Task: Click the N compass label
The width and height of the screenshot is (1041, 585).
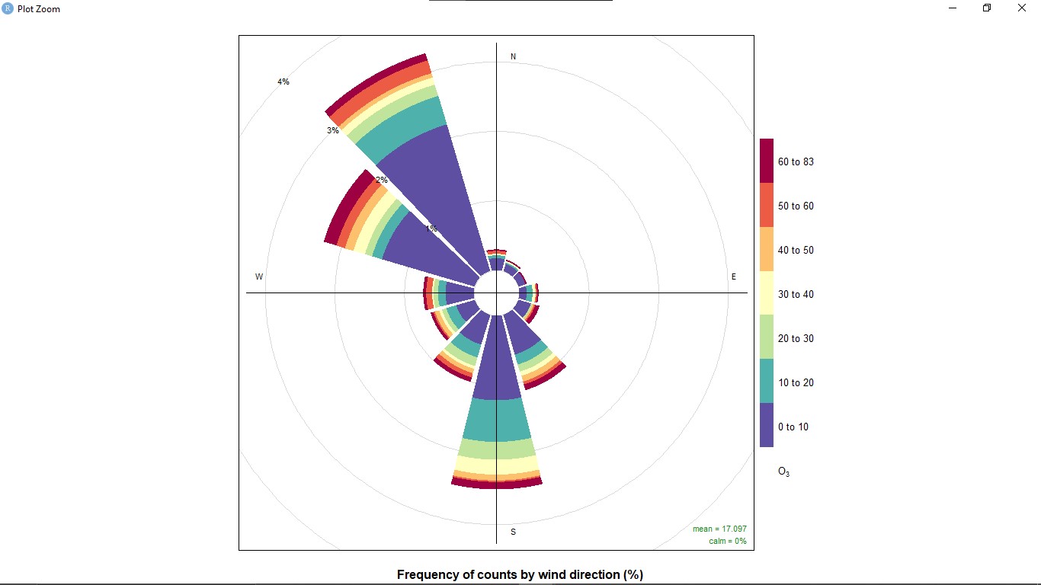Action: [513, 57]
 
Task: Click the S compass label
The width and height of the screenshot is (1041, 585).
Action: [513, 532]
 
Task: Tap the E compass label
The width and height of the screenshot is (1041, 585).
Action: [734, 277]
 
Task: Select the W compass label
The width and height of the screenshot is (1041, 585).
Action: [259, 277]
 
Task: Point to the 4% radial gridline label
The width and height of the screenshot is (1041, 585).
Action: [283, 82]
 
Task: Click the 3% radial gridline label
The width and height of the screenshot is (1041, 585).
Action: [333, 131]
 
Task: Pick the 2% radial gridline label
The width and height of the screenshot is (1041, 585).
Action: [382, 181]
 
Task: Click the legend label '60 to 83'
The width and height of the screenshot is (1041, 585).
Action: [796, 161]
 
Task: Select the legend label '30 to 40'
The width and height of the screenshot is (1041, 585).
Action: [796, 294]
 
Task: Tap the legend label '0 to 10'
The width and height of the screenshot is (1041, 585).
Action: [793, 427]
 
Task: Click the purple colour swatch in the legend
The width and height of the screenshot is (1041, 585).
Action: [767, 425]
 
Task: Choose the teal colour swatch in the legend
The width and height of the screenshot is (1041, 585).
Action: [767, 381]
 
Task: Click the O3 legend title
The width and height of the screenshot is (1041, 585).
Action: [783, 472]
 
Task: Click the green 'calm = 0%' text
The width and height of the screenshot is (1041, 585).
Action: [727, 541]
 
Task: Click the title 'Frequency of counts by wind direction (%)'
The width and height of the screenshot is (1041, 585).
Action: [520, 574]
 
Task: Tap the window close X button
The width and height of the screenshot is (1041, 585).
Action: [1022, 8]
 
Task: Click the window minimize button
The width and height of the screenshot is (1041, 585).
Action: [953, 8]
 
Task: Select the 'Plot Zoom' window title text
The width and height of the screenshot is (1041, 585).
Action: [39, 9]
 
